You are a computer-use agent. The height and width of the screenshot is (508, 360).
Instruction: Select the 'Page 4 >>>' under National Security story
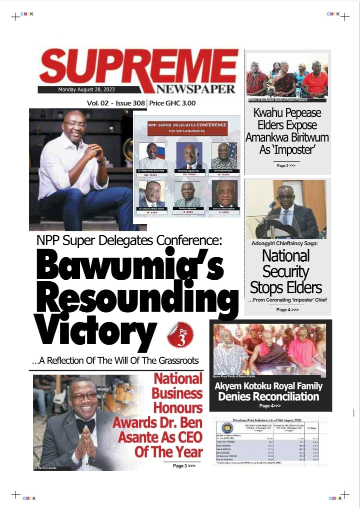[x=287, y=310]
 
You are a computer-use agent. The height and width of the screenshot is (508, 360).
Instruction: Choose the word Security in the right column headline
[x=286, y=272]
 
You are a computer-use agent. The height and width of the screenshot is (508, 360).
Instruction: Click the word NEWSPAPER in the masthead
[x=195, y=89]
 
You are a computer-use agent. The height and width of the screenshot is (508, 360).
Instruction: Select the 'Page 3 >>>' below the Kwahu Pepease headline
[x=286, y=165]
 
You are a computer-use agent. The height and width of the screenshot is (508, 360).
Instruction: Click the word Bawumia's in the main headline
[x=130, y=266]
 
